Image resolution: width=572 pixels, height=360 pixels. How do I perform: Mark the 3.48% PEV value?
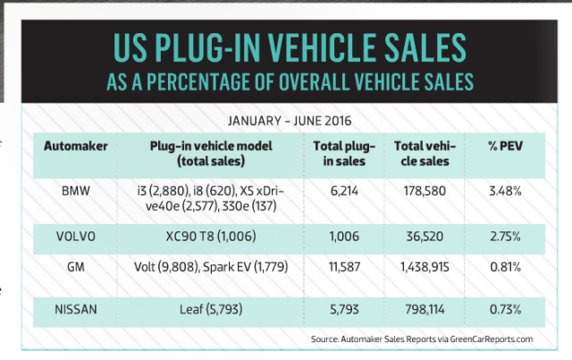503,190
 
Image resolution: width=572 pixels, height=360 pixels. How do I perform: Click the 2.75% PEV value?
503,239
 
